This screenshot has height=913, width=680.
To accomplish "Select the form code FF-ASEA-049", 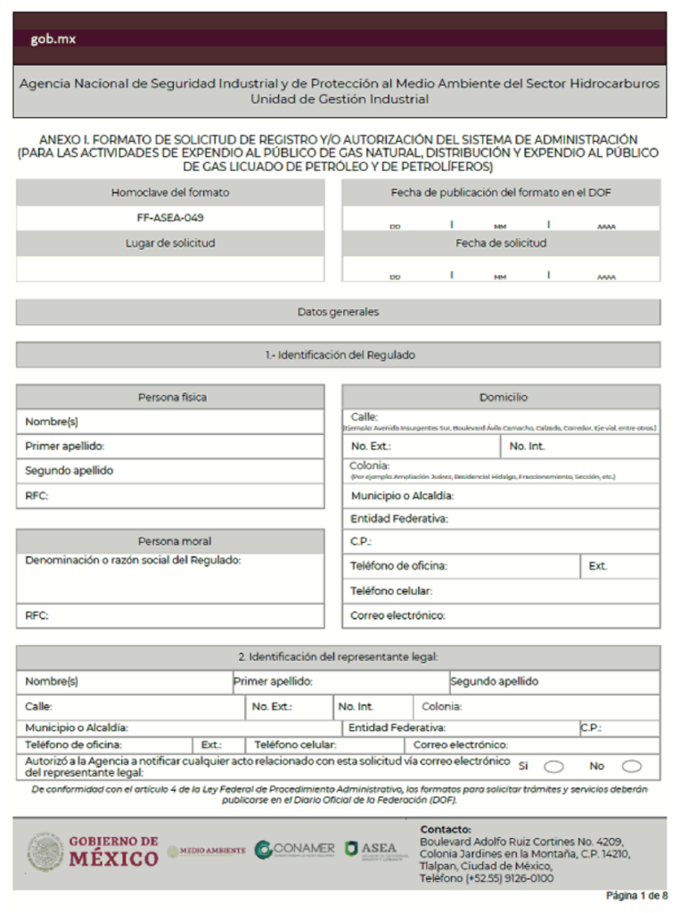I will [169, 218].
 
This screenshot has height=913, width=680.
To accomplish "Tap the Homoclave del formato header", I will [169, 193].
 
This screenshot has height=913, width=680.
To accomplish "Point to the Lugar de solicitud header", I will [169, 243].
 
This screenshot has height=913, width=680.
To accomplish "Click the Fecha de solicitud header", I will [501, 243].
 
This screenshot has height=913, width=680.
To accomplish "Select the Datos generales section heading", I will [338, 312].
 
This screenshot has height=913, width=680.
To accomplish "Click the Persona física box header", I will [171, 397].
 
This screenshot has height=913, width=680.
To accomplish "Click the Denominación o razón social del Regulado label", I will [133, 560].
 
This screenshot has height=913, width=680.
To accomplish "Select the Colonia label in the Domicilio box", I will [369, 465].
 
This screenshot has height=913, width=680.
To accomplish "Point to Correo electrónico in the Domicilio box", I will [397, 615].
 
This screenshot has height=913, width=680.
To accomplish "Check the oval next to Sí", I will [553, 766].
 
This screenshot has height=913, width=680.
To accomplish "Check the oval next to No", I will [631, 766].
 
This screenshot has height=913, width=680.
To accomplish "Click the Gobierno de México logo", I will [93, 851].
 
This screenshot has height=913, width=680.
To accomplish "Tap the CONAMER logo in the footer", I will [294, 850].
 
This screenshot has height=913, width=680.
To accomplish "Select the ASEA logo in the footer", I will [372, 850].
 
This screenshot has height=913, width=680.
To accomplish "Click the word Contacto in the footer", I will [446, 829].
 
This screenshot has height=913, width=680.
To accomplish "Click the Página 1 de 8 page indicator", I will [635, 894].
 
